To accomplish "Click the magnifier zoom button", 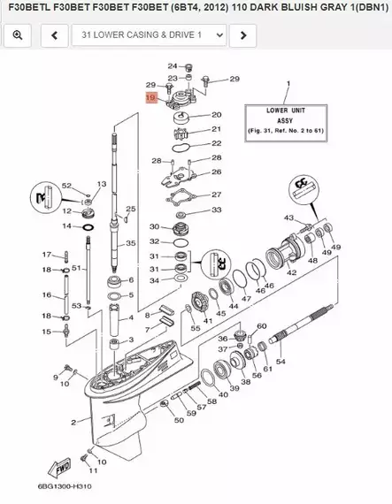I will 18,34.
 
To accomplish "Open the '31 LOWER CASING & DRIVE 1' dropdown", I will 148,34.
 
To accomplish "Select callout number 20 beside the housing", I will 216,115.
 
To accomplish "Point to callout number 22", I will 216,142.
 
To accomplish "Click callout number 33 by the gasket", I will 217,210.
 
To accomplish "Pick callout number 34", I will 154,280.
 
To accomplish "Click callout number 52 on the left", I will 65,185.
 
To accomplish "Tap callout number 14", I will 66,226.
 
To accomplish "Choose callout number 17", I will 46,255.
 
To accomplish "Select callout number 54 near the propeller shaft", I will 281,362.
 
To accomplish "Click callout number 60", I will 262,327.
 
